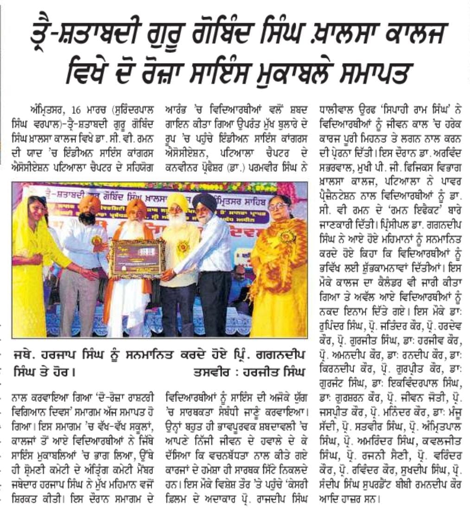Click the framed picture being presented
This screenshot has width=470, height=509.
[137, 258]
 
